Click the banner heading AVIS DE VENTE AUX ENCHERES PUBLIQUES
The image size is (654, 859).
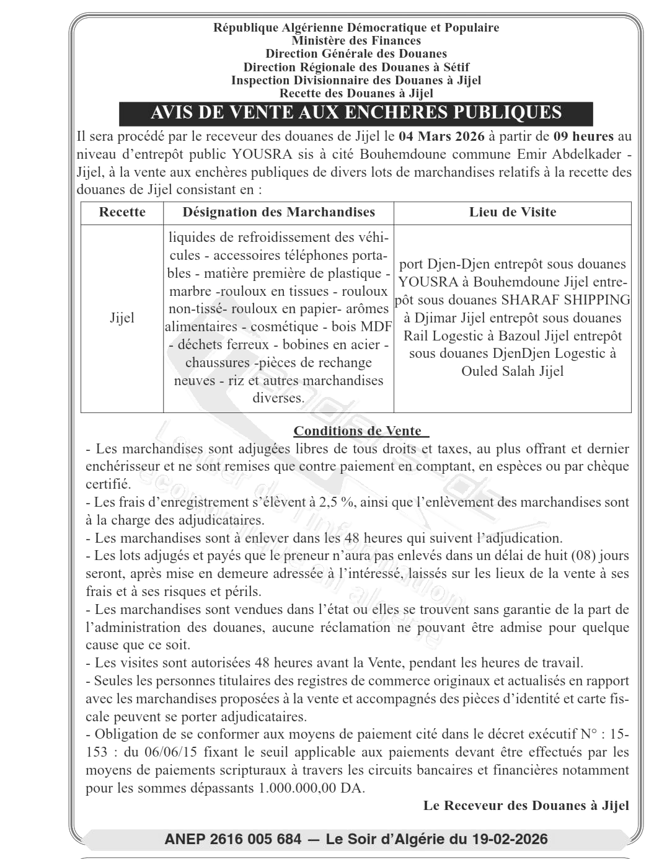pyautogui.click(x=356, y=113)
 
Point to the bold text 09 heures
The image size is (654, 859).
pyautogui.click(x=583, y=136)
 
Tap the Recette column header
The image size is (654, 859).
pyautogui.click(x=122, y=212)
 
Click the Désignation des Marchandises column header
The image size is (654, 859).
pyautogui.click(x=278, y=212)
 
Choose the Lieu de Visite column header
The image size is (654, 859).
pyautogui.click(x=513, y=212)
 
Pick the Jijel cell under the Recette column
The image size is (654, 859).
pyautogui.click(x=122, y=318)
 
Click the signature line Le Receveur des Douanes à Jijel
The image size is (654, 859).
pyautogui.click(x=526, y=806)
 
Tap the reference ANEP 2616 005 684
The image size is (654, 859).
pyautogui.click(x=233, y=840)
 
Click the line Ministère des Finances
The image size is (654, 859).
pyautogui.click(x=356, y=41)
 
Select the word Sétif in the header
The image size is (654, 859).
pyautogui.click(x=454, y=67)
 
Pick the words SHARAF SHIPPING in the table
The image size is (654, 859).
pyautogui.click(x=565, y=300)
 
